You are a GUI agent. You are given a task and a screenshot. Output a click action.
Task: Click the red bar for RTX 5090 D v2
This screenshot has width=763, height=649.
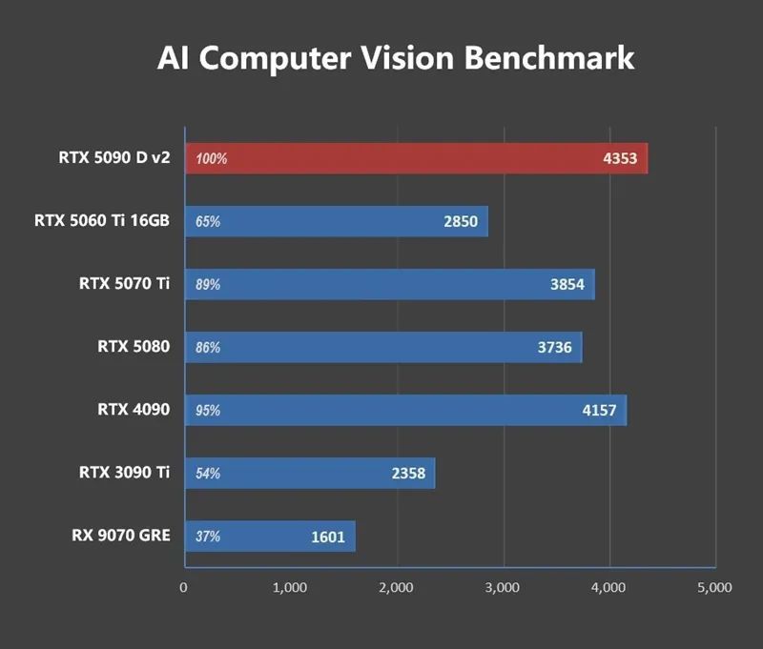tap(416, 158)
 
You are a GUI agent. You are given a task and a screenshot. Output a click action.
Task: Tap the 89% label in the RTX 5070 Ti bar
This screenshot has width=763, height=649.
tap(208, 285)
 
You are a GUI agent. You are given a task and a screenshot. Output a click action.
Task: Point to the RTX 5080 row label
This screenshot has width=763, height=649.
tap(134, 347)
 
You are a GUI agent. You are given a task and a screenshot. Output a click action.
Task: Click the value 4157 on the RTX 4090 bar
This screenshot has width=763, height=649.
tap(599, 411)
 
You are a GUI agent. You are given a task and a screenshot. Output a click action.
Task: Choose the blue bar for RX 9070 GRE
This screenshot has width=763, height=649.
tap(269, 536)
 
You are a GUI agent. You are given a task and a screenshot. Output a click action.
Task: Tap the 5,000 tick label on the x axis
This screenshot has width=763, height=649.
tap(714, 588)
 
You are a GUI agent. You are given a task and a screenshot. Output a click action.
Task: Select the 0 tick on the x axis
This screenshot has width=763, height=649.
tap(183, 588)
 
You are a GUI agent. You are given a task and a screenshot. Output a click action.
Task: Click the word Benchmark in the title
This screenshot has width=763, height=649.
tap(548, 58)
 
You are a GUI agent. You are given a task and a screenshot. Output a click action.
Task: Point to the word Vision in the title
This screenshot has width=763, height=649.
tap(407, 58)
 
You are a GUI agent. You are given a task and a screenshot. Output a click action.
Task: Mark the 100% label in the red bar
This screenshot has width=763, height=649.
tap(212, 159)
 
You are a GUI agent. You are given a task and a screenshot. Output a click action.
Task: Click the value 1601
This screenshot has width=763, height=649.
tap(328, 537)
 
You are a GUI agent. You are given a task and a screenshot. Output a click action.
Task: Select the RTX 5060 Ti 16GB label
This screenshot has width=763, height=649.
tap(101, 221)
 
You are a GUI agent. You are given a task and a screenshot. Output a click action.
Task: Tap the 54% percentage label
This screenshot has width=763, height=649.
tap(208, 474)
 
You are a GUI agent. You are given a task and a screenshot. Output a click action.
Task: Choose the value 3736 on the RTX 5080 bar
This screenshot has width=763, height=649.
tap(555, 348)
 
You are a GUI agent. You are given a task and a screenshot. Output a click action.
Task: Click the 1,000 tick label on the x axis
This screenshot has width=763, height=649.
tap(289, 588)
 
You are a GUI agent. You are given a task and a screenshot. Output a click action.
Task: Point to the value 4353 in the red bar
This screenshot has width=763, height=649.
tap(620, 159)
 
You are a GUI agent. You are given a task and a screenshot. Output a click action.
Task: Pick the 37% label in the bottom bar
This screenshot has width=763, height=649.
tap(208, 537)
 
